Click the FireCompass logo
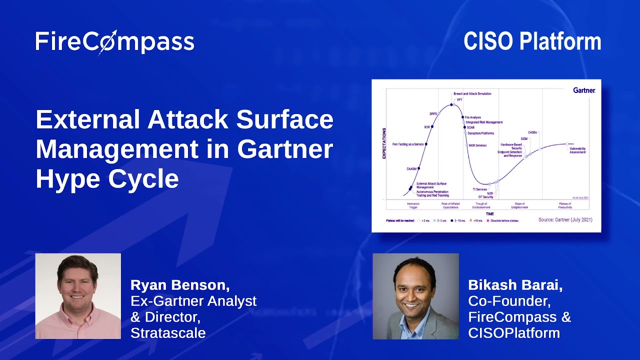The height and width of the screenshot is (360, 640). coord(114,42)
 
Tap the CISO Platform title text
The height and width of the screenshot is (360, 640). coord(532,41)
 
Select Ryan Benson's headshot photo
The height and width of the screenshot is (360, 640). coord(78,296)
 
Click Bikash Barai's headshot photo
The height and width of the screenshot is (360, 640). coord(415,296)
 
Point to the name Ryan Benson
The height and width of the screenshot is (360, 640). coord(180,285)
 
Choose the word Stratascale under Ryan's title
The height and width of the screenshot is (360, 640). coord(168,333)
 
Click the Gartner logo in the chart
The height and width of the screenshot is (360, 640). coord(583,90)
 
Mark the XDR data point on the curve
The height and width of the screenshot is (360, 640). coord(432,127)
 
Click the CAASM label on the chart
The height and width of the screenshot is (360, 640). coord(411,169)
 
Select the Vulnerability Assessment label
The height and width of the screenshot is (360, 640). coord(577,150)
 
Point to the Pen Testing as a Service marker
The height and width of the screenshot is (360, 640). coord(426,144)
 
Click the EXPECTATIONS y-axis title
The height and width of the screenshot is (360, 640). coord(384,143)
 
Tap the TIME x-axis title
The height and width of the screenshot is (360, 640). coord(489,213)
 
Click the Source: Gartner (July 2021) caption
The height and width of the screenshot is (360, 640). coord(565,219)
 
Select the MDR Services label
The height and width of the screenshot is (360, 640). coord(478,145)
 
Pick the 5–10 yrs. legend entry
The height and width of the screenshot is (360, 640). coord(458,220)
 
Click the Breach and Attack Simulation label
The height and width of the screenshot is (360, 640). coord(472,93)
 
